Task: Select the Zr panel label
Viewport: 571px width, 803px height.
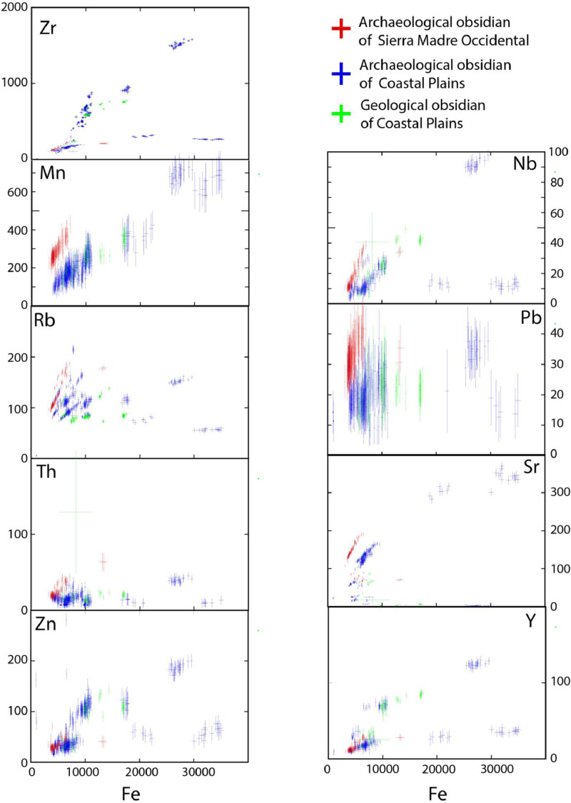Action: tap(50, 30)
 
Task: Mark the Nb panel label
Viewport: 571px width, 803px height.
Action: tap(522, 166)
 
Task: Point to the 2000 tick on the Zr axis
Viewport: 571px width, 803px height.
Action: tap(15, 7)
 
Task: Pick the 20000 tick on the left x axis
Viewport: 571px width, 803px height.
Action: tap(139, 772)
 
